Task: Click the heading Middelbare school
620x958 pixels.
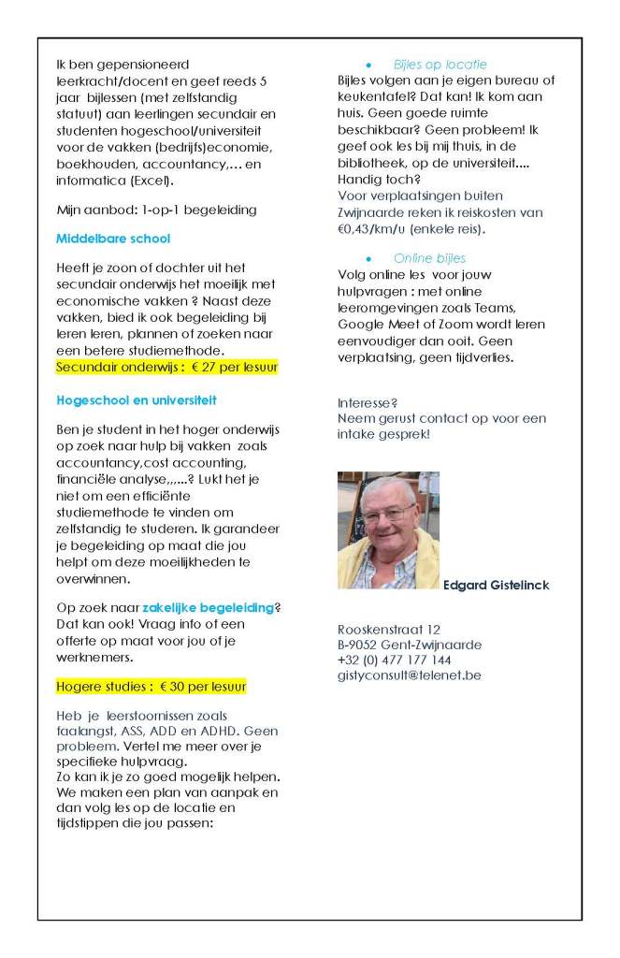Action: click(113, 239)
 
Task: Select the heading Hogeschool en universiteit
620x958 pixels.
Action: click(136, 399)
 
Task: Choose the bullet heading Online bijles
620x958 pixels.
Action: click(429, 258)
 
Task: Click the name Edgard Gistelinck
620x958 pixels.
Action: click(497, 586)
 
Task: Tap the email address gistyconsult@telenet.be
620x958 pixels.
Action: click(409, 675)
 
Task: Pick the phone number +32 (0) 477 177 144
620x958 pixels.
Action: click(394, 660)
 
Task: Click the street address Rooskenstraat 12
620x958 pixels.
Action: click(388, 629)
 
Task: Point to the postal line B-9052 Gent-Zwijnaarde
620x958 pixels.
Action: click(410, 645)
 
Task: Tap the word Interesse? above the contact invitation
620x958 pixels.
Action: click(366, 402)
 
